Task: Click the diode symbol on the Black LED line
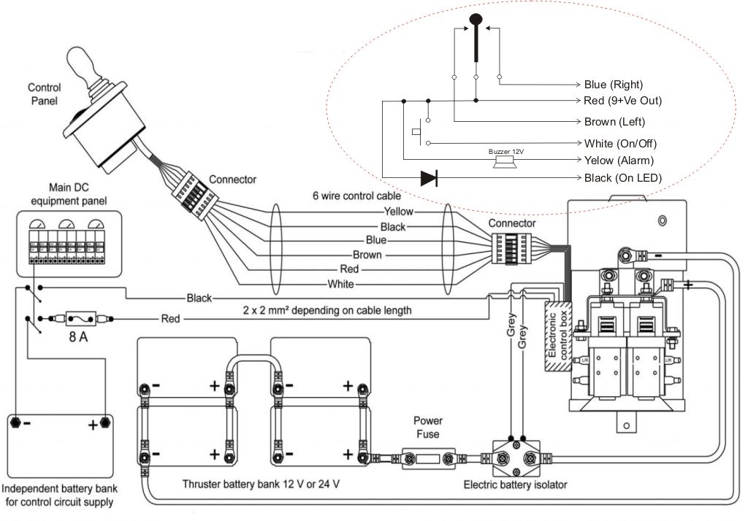coord(429,177)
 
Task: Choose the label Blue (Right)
coord(613,84)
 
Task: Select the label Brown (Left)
coord(614,122)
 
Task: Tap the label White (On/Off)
coord(618,142)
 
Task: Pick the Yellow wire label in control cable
coord(398,212)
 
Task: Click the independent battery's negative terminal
coord(16,422)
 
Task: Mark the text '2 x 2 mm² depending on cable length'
coord(326,310)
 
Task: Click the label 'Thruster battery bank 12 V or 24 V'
coord(261,483)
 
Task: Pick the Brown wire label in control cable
coord(367,255)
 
